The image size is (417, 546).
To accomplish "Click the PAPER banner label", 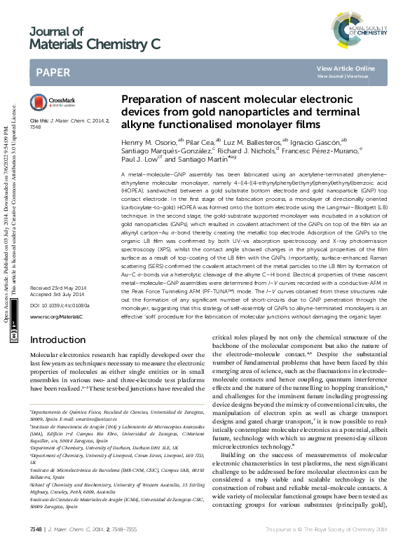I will pos(53,72).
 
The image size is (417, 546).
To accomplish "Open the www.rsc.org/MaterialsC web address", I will pos(56,317).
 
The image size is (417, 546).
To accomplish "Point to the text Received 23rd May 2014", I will pos(58,288).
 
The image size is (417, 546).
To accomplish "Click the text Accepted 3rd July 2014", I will pos(57,295).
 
